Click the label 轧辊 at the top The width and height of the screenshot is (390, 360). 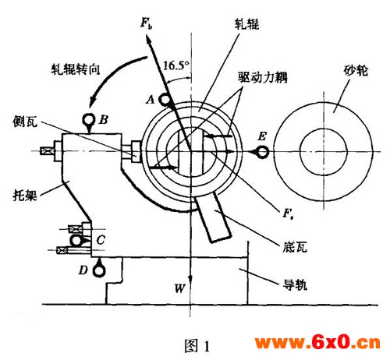(x=246, y=24)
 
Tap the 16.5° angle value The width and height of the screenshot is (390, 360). (x=175, y=65)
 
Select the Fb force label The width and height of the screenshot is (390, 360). (x=146, y=23)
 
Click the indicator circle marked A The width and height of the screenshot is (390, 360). (x=165, y=100)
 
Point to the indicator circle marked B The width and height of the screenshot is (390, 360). (x=89, y=120)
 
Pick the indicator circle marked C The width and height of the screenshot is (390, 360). (x=76, y=240)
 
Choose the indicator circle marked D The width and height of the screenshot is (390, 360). (x=99, y=271)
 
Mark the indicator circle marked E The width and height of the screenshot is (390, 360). (x=262, y=152)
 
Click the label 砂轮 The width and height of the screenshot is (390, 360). (x=356, y=70)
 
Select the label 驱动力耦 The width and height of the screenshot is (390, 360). (x=263, y=77)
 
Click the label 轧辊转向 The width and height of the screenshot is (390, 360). (x=76, y=69)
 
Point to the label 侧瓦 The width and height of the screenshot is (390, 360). (x=25, y=121)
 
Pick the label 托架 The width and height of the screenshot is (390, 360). (x=25, y=195)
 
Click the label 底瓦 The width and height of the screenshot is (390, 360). (x=295, y=247)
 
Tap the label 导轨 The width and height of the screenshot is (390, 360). (x=295, y=284)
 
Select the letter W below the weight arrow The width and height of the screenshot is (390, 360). (x=180, y=288)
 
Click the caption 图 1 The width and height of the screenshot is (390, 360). (x=197, y=346)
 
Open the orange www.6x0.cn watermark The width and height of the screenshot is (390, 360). (x=317, y=343)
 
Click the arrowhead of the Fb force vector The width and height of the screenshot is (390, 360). (x=149, y=41)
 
